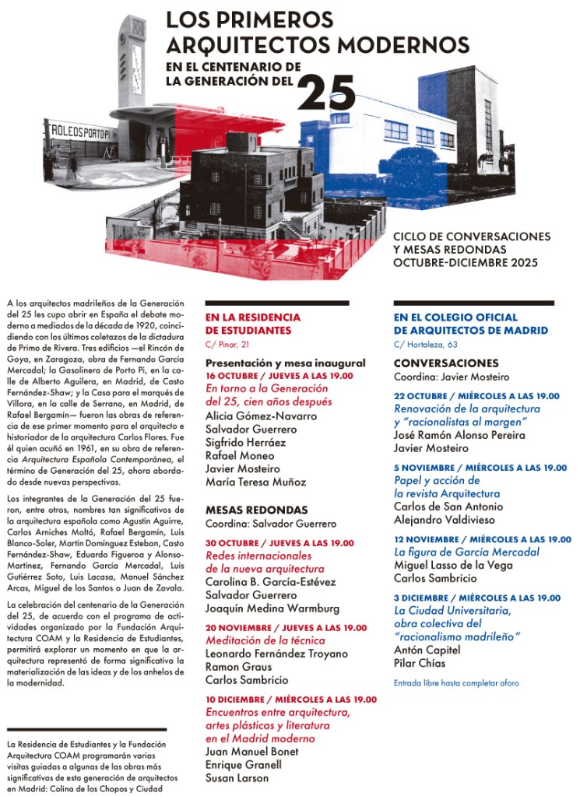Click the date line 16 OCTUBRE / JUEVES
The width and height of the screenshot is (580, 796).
[x=279, y=376]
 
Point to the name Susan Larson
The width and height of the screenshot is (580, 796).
[x=237, y=777]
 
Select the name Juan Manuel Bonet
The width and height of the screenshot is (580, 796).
[x=251, y=751]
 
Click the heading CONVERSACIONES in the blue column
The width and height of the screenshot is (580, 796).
[x=446, y=363]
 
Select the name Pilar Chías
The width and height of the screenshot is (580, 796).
[x=420, y=663]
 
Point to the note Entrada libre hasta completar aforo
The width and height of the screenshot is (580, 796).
[x=456, y=683]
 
